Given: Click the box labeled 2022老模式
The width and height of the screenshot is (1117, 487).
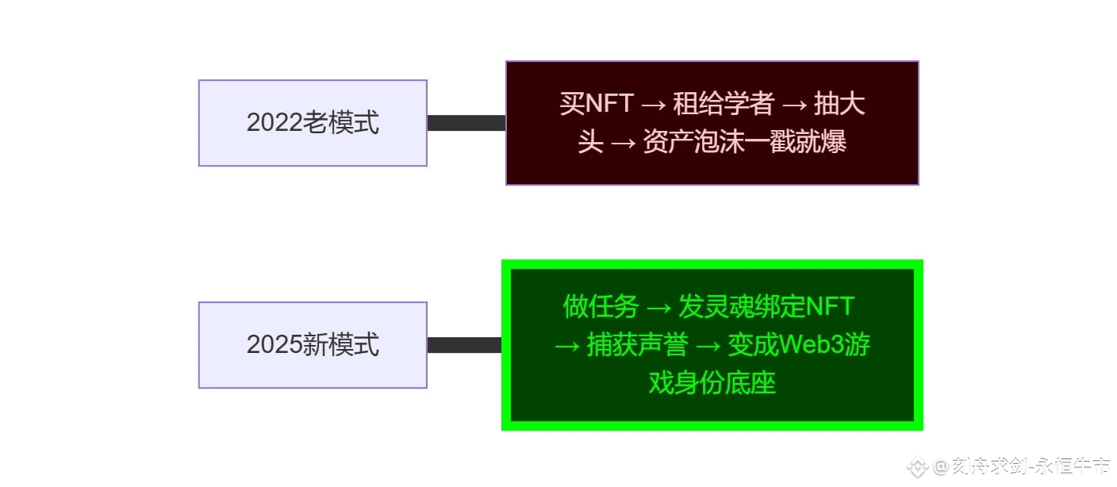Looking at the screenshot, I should (x=313, y=123).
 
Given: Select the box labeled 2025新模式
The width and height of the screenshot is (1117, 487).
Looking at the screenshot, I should (x=313, y=345).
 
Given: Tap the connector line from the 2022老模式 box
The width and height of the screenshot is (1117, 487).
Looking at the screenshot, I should (x=466, y=123).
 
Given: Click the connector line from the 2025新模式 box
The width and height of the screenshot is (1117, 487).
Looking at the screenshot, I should (x=464, y=345).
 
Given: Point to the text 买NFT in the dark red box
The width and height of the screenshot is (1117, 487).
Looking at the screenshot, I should (x=596, y=104).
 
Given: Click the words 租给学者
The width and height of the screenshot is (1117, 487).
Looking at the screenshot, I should (x=723, y=104).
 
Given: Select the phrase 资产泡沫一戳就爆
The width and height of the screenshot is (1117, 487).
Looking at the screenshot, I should (x=744, y=142).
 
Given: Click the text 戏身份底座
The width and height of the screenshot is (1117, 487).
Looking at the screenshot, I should (x=712, y=383).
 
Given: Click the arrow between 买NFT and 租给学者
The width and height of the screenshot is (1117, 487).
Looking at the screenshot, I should (x=653, y=104).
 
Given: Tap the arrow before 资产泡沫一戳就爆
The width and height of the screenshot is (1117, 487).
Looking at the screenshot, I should (x=623, y=142).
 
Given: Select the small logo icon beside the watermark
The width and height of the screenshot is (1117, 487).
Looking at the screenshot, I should (x=917, y=466).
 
